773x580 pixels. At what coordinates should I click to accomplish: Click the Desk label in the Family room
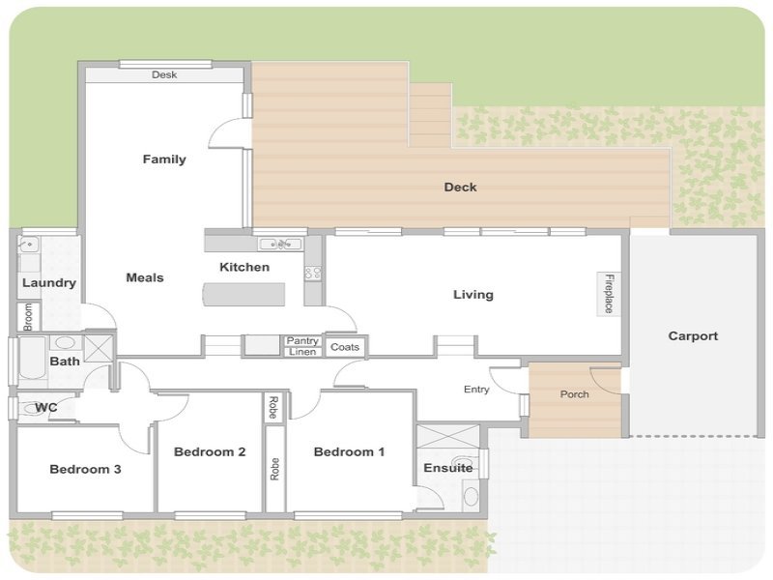click(164, 75)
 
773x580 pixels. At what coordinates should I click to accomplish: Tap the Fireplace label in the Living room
click(610, 294)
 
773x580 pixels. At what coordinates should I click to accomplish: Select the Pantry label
click(302, 341)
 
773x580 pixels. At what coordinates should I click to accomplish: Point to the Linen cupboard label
click(302, 352)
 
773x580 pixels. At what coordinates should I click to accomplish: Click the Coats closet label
click(345, 347)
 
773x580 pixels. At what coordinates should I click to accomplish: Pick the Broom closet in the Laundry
click(28, 317)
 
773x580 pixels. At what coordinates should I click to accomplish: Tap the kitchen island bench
click(244, 295)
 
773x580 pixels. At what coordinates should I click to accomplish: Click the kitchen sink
click(281, 244)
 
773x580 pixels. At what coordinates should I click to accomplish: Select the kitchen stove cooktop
click(313, 274)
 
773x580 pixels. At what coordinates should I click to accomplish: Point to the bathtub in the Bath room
click(33, 358)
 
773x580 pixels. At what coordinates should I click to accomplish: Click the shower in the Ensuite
click(447, 436)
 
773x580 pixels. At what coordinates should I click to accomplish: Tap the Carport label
click(693, 335)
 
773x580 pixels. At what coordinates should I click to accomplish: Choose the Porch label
click(574, 394)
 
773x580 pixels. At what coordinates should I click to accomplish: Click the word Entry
click(476, 390)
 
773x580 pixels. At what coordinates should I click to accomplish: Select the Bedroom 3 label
click(85, 469)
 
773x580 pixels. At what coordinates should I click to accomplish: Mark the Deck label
click(461, 187)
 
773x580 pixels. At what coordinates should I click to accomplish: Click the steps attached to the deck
click(430, 114)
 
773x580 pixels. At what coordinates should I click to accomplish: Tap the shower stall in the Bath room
click(99, 348)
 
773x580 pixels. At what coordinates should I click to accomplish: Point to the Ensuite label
click(448, 468)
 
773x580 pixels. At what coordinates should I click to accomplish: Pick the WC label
click(45, 407)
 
